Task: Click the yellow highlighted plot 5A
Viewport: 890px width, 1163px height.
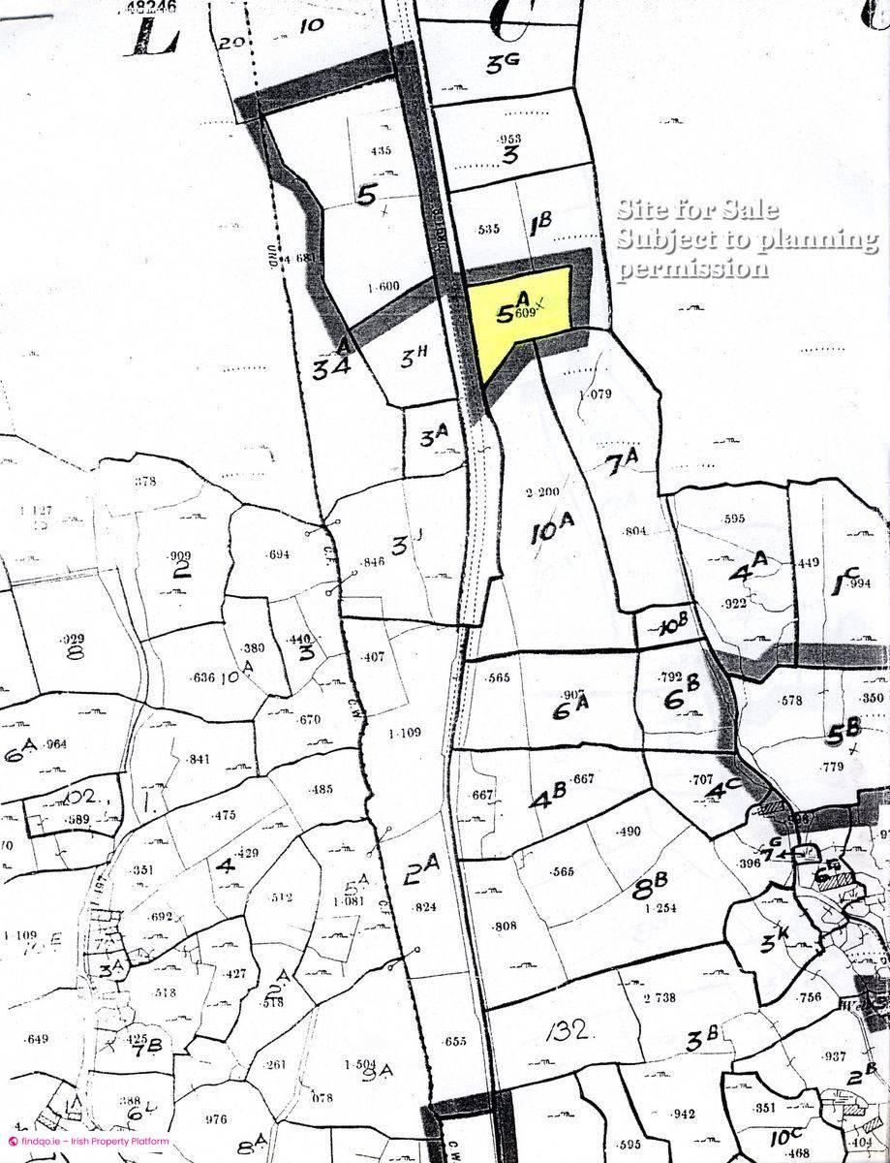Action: pyautogui.click(x=518, y=315)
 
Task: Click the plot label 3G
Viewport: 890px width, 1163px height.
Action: pyautogui.click(x=504, y=64)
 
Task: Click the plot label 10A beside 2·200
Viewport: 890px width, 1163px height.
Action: pyautogui.click(x=553, y=530)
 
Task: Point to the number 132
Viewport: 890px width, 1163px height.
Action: pyautogui.click(x=568, y=1028)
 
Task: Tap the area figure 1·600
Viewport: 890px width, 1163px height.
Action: pyautogui.click(x=384, y=287)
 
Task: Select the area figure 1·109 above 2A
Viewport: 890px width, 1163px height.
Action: pyautogui.click(x=404, y=733)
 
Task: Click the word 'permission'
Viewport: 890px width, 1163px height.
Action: pyautogui.click(x=693, y=267)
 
